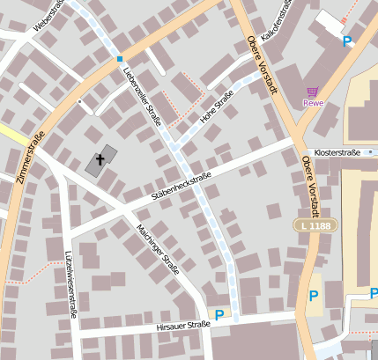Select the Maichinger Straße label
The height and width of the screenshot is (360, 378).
coord(158,247)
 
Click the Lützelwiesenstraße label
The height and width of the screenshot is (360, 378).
coord(70,281)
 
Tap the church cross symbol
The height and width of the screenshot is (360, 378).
coord(100,160)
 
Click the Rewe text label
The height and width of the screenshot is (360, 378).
coord(313,103)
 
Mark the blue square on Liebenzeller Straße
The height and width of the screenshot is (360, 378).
coord(119,59)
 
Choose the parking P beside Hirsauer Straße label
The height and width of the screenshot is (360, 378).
coord(219,314)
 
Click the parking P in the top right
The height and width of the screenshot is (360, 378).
coord(347,40)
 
